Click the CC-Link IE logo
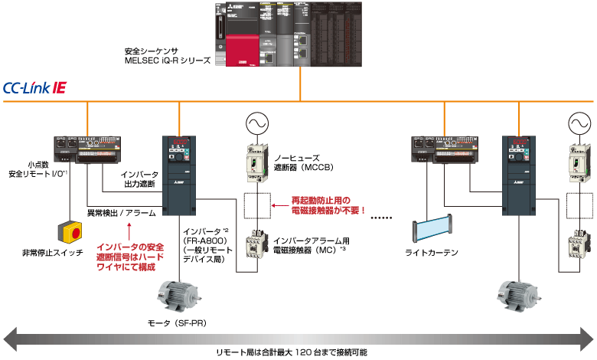35,88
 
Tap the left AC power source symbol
255,123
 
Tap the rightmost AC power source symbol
578,123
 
